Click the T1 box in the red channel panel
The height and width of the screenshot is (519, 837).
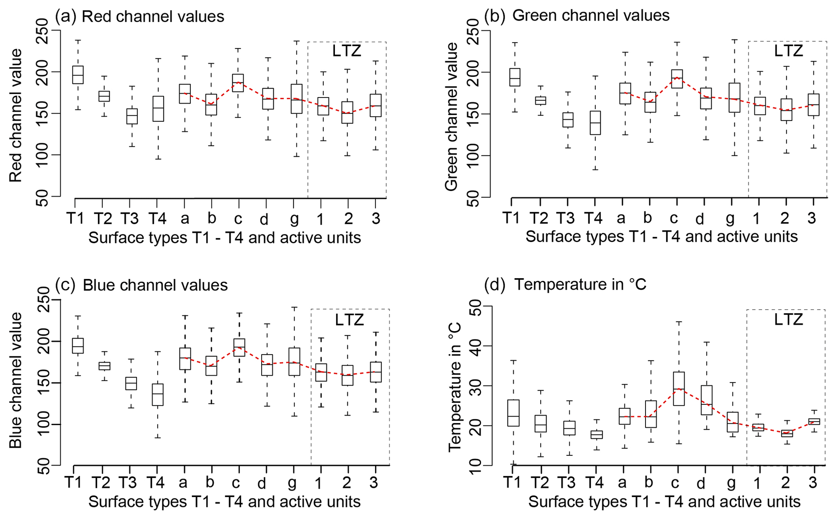77,75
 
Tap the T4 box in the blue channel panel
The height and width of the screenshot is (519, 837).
158,394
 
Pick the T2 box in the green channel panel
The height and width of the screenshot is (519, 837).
541,100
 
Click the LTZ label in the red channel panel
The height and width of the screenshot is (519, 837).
347,51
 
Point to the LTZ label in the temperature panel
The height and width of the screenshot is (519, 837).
788,320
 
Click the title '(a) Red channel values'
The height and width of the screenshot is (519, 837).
140,17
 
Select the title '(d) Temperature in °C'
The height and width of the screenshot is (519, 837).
565,285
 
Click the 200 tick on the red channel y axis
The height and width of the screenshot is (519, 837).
42,72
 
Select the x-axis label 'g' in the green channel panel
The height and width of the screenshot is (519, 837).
730,218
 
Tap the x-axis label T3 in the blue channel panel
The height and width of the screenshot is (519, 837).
128,483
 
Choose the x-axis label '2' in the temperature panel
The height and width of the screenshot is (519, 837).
786,483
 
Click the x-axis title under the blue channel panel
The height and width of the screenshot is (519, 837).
224,502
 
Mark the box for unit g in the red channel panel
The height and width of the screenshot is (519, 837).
296,98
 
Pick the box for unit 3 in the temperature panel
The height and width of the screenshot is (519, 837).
814,421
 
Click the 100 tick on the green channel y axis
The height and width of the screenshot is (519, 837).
474,155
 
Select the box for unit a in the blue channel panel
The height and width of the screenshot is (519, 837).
185,359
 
